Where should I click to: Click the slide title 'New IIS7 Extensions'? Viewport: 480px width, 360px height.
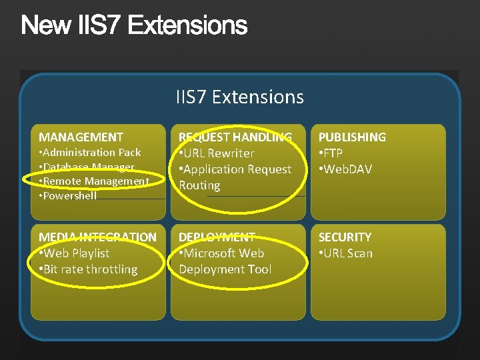(134, 26)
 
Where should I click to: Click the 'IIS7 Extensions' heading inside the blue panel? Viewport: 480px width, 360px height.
(240, 97)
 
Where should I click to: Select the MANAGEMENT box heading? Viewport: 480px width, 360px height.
(81, 137)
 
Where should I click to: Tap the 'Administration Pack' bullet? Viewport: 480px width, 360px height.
(90, 153)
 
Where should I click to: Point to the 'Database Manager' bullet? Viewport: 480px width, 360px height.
(87, 167)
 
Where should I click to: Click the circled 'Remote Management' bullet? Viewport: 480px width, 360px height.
(94, 181)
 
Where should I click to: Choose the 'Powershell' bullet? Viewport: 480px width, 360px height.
(68, 196)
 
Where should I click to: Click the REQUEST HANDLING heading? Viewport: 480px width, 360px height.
(235, 137)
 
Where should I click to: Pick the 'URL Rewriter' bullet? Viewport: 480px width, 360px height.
(217, 153)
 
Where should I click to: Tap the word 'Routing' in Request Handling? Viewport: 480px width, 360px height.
(199, 185)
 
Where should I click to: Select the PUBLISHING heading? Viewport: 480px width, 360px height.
(352, 137)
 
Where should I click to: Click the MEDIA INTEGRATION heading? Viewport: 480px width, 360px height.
(97, 237)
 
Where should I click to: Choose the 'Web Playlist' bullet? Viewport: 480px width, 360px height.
(74, 253)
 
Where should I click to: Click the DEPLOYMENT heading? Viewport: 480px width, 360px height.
(217, 237)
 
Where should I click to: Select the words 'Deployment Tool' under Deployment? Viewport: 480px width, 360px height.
(225, 269)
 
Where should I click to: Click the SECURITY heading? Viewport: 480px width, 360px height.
(345, 237)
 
